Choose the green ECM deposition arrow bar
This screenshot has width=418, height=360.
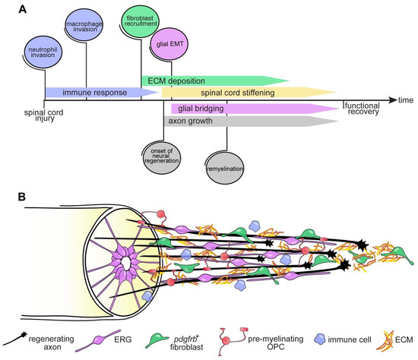[x=213, y=80]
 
